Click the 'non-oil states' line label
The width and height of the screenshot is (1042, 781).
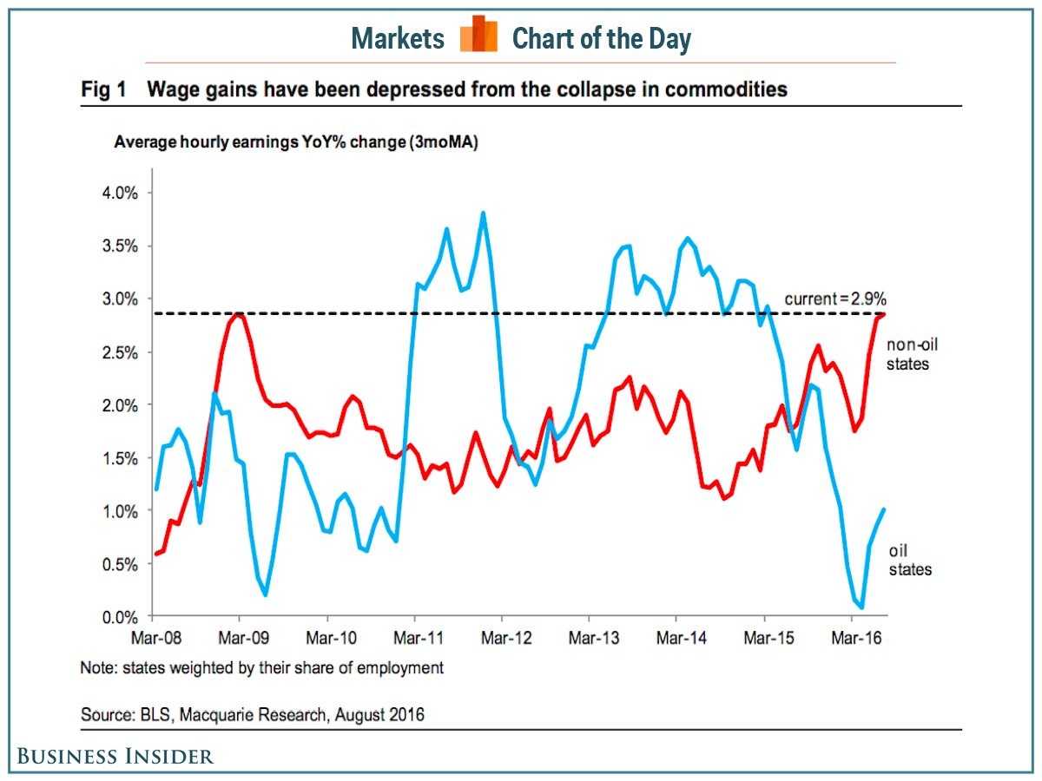point(912,354)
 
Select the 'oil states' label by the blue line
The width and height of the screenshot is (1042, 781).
point(910,561)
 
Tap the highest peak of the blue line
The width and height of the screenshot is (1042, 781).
point(483,213)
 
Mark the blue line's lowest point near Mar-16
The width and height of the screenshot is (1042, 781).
point(861,607)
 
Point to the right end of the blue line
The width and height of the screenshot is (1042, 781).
point(884,509)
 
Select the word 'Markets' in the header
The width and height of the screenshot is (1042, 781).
point(399,39)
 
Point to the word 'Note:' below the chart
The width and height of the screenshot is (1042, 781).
point(99,668)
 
